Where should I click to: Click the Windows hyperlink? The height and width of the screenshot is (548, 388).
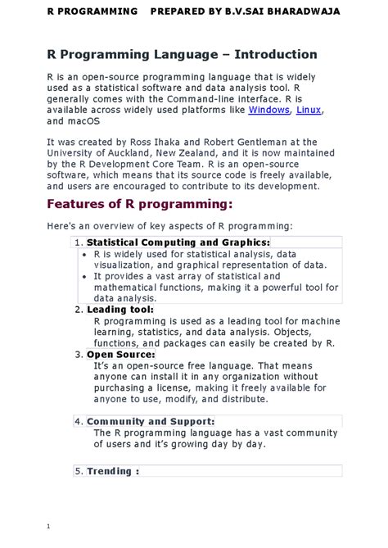point(268,109)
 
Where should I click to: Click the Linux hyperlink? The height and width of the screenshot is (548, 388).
point(309,109)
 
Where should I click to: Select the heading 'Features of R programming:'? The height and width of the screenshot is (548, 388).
point(140,203)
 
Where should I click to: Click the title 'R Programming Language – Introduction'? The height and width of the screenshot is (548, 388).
point(182,55)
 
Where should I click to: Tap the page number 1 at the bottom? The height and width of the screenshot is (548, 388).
point(49,525)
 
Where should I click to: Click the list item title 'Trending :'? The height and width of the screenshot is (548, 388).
point(113,471)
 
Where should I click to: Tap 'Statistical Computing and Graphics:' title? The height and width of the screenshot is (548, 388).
point(178,242)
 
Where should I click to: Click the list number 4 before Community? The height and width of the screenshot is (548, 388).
point(78,422)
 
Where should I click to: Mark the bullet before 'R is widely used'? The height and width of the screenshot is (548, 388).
point(85,255)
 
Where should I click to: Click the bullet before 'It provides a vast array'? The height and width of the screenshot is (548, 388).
point(85,277)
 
